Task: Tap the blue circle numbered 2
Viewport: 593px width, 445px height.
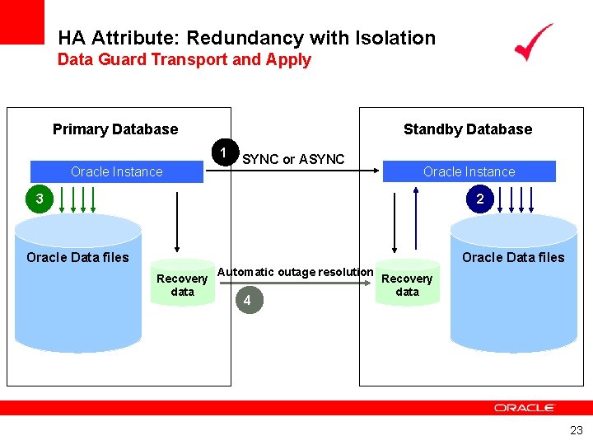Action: pyautogui.click(x=479, y=199)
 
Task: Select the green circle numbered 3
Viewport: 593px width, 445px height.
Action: pyautogui.click(x=38, y=199)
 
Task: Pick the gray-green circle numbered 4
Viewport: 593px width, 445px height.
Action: pyautogui.click(x=246, y=300)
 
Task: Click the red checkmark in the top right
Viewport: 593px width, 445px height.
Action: pyautogui.click(x=534, y=42)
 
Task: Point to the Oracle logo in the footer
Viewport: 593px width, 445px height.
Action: pyautogui.click(x=525, y=408)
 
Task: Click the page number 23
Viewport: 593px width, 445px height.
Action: pyautogui.click(x=576, y=429)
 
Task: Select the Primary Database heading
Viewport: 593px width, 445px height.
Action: pyautogui.click(x=115, y=129)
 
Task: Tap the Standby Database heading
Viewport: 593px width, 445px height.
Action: pyautogui.click(x=468, y=129)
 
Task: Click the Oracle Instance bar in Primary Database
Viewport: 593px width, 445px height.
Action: pyautogui.click(x=117, y=171)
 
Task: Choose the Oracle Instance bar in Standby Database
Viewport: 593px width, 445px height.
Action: pyautogui.click(x=469, y=171)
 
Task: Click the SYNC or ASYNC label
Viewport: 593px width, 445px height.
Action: pyautogui.click(x=293, y=159)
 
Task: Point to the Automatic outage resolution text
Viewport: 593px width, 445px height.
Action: pyautogui.click(x=295, y=272)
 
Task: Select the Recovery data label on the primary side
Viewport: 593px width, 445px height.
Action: pyautogui.click(x=182, y=285)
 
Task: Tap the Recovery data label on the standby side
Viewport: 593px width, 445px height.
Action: pyautogui.click(x=407, y=285)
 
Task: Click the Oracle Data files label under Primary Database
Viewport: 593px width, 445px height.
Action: pyautogui.click(x=77, y=257)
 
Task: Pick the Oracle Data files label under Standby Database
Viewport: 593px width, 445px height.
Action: pyautogui.click(x=513, y=257)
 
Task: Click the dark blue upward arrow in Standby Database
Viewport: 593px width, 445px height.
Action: pyautogui.click(x=417, y=218)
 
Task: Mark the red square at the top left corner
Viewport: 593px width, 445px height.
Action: pyautogui.click(x=21, y=21)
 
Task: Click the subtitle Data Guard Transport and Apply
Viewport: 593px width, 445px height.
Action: pyautogui.click(x=184, y=59)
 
